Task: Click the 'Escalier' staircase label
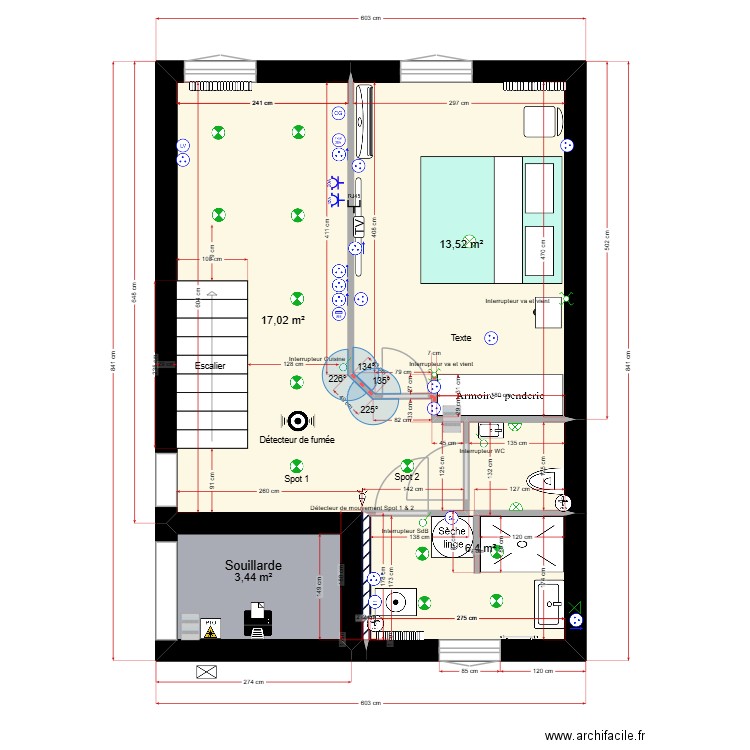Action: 210,366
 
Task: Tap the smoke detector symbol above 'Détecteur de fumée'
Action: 296,421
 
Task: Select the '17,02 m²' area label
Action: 282,321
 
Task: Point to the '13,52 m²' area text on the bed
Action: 462,244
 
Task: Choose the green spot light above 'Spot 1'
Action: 296,465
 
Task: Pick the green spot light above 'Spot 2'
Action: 407,465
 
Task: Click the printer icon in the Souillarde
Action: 259,620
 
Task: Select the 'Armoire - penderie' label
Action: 499,395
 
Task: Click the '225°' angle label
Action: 368,410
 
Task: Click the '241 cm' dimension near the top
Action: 261,103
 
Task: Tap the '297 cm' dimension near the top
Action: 459,103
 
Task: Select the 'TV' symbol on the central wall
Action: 357,226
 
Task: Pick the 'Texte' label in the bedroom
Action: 460,338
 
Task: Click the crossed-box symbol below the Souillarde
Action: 207,671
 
